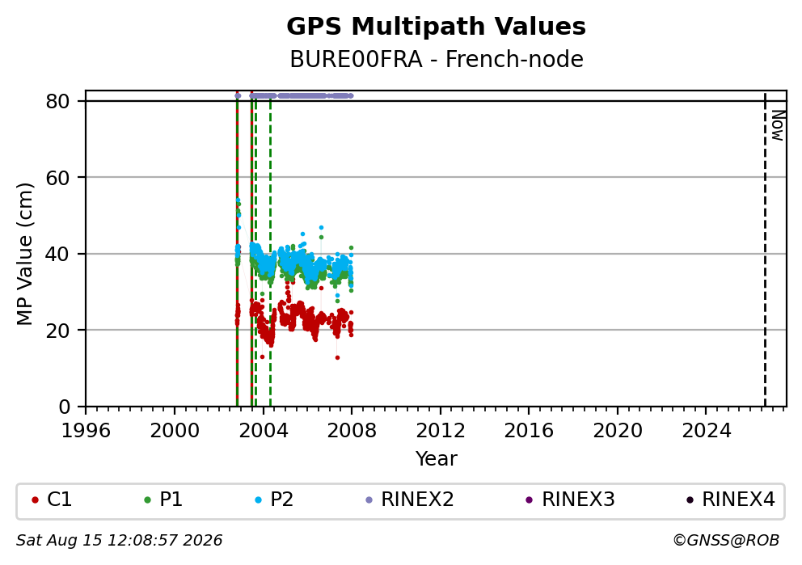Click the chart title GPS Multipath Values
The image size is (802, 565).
[x=436, y=27]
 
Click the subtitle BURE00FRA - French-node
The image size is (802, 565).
[x=437, y=59]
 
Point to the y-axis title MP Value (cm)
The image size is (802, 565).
[x=24, y=254]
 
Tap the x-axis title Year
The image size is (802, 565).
[x=437, y=458]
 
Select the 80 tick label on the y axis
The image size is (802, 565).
[x=57, y=101]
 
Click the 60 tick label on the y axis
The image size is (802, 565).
[x=57, y=178]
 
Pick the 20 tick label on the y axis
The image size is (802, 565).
[x=57, y=331]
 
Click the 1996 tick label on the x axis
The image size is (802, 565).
[x=86, y=431]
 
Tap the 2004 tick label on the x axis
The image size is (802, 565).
[x=263, y=431]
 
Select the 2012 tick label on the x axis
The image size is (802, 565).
[x=441, y=431]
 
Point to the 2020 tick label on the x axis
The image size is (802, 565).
[x=618, y=431]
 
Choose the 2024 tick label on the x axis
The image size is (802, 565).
[x=707, y=431]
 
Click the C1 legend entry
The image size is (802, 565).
[x=52, y=500]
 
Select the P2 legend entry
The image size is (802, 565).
[x=274, y=500]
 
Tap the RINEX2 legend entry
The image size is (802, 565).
[x=410, y=500]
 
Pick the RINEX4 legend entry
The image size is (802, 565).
[x=731, y=500]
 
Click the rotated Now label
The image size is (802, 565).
[x=778, y=125]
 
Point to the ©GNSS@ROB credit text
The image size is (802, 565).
[x=726, y=540]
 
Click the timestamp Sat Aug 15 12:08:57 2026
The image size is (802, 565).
[x=119, y=541]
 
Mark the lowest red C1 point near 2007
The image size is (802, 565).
[x=338, y=357]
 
